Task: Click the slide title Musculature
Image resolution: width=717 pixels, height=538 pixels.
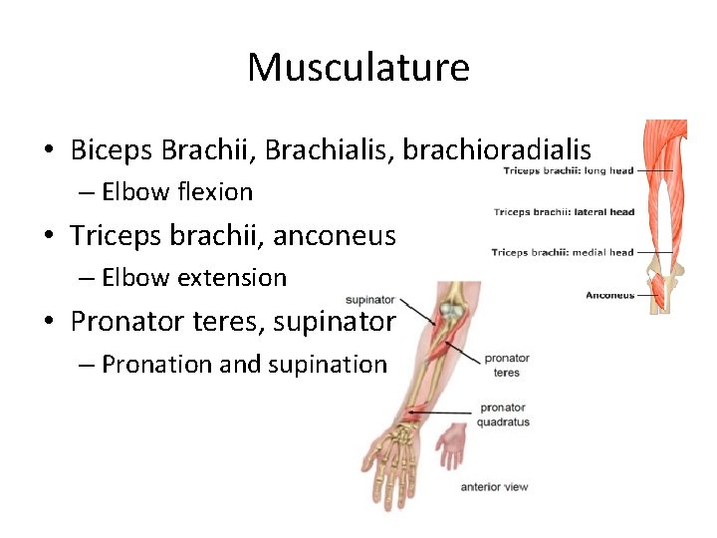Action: pyautogui.click(x=358, y=68)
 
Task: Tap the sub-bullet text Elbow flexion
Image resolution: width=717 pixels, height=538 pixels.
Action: pyautogui.click(x=177, y=191)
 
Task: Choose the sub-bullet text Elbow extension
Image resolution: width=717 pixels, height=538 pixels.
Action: pyautogui.click(x=193, y=278)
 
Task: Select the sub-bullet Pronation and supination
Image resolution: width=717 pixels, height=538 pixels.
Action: pyautogui.click(x=243, y=365)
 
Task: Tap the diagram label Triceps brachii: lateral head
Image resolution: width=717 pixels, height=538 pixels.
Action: pyautogui.click(x=564, y=212)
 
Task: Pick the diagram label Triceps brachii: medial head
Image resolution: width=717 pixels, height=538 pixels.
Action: pyautogui.click(x=562, y=253)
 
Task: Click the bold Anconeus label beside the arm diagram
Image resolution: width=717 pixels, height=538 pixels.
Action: pyautogui.click(x=609, y=295)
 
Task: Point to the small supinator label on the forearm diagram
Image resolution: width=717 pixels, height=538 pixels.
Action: pyautogui.click(x=369, y=300)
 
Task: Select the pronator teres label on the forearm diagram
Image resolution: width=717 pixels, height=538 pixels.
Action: pyautogui.click(x=506, y=365)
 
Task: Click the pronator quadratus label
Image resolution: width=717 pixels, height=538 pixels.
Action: pyautogui.click(x=504, y=414)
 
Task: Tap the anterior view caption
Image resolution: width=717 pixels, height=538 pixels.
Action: pyautogui.click(x=494, y=487)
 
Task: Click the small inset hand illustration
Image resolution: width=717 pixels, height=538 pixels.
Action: pyautogui.click(x=451, y=445)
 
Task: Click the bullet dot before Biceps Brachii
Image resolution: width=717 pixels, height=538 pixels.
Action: pyautogui.click(x=48, y=151)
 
